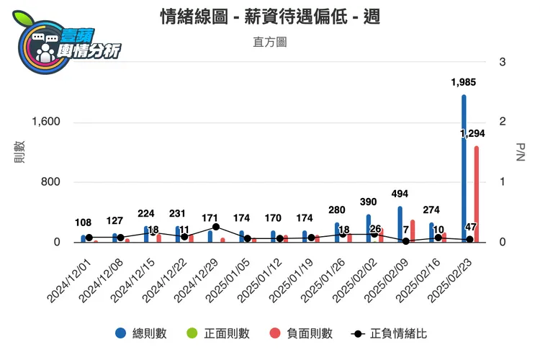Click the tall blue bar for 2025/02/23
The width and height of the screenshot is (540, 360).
[464, 168]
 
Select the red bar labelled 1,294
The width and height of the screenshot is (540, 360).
[477, 194]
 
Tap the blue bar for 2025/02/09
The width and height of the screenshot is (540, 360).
[400, 224]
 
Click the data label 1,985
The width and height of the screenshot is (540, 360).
[463, 82]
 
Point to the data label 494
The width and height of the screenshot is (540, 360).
[400, 194]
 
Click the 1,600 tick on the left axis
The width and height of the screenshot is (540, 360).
[45, 122]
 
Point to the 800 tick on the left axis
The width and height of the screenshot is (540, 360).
[50, 182]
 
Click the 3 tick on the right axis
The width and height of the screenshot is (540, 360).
[503, 62]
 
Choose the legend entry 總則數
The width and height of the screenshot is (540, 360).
[141, 333]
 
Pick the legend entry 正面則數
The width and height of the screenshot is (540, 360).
[219, 333]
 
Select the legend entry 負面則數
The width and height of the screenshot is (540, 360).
[302, 333]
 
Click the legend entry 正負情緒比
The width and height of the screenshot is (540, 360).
[389, 333]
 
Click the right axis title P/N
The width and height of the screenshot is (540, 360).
[521, 152]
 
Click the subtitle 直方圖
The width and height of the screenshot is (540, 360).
[270, 42]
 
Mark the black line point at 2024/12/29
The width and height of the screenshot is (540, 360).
[215, 227]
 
